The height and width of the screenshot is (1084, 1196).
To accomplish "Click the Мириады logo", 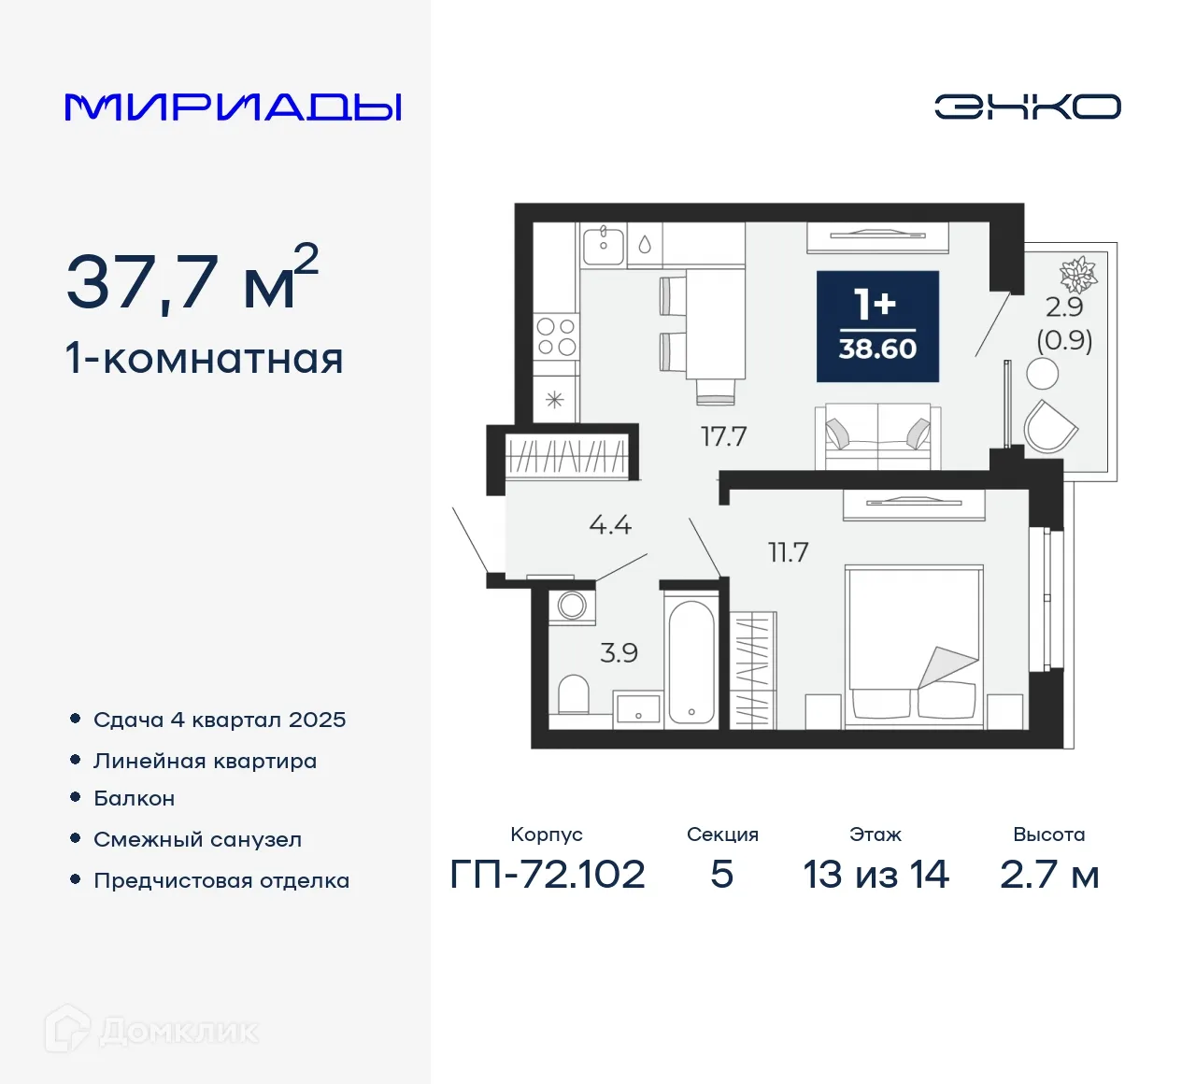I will click(x=234, y=107).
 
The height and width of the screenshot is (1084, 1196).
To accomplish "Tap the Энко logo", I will click(x=1027, y=107).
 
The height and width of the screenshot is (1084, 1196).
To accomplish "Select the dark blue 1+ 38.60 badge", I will click(x=877, y=326).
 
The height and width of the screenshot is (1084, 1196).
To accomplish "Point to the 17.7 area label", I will click(x=723, y=436).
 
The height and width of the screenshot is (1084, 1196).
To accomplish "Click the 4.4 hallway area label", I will click(x=610, y=525).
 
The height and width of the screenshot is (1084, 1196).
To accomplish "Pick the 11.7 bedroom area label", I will click(x=788, y=552).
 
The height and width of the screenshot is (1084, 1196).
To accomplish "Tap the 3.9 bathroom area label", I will click(x=619, y=652).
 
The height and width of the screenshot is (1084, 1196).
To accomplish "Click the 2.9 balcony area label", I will click(x=1064, y=307).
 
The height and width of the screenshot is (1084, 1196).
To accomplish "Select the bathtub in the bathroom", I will click(x=691, y=662).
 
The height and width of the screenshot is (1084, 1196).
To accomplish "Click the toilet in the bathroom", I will click(x=573, y=695).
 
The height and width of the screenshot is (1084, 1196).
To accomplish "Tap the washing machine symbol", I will click(x=572, y=605).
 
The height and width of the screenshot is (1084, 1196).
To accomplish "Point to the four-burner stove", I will click(x=555, y=336).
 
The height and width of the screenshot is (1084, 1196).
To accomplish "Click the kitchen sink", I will click(x=604, y=245).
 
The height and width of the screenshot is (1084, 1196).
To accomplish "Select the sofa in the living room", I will click(x=877, y=435).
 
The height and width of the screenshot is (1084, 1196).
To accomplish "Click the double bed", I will click(x=914, y=645).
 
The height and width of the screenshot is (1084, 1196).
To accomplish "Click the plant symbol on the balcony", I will click(x=1077, y=274).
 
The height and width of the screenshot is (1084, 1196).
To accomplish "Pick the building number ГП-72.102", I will click(x=548, y=875).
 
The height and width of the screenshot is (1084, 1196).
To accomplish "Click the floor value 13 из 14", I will click(x=876, y=875).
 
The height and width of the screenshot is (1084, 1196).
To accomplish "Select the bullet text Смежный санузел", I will click(x=197, y=839).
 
